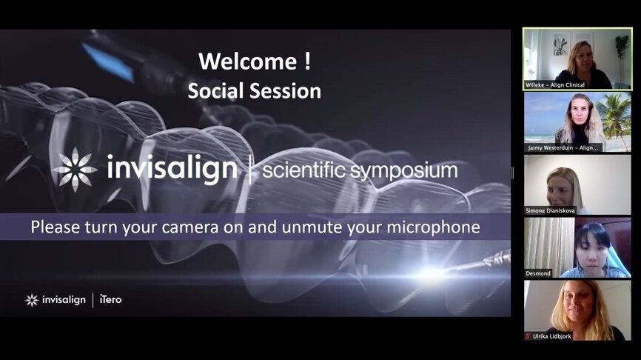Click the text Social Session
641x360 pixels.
(x=254, y=90)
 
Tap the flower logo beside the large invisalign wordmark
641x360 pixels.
(x=75, y=170)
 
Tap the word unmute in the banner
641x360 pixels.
(x=299, y=227)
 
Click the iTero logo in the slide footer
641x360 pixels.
(x=110, y=300)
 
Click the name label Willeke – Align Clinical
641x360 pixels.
(x=556, y=85)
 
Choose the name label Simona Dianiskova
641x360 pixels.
(x=551, y=210)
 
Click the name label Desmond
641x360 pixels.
(x=539, y=273)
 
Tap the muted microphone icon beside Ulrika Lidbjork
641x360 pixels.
(x=528, y=336)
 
